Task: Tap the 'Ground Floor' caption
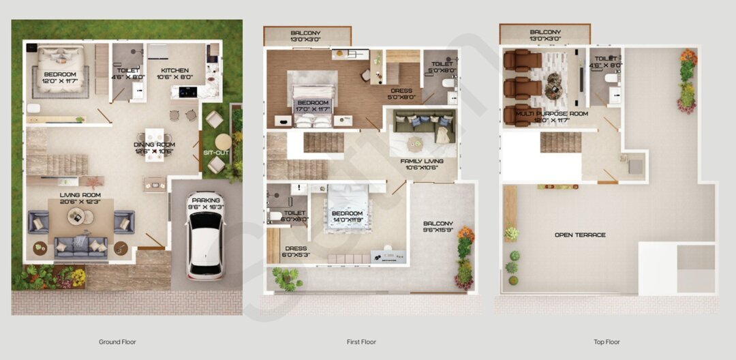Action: [119, 342]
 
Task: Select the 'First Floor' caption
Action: [361, 342]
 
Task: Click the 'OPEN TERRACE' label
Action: [580, 235]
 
